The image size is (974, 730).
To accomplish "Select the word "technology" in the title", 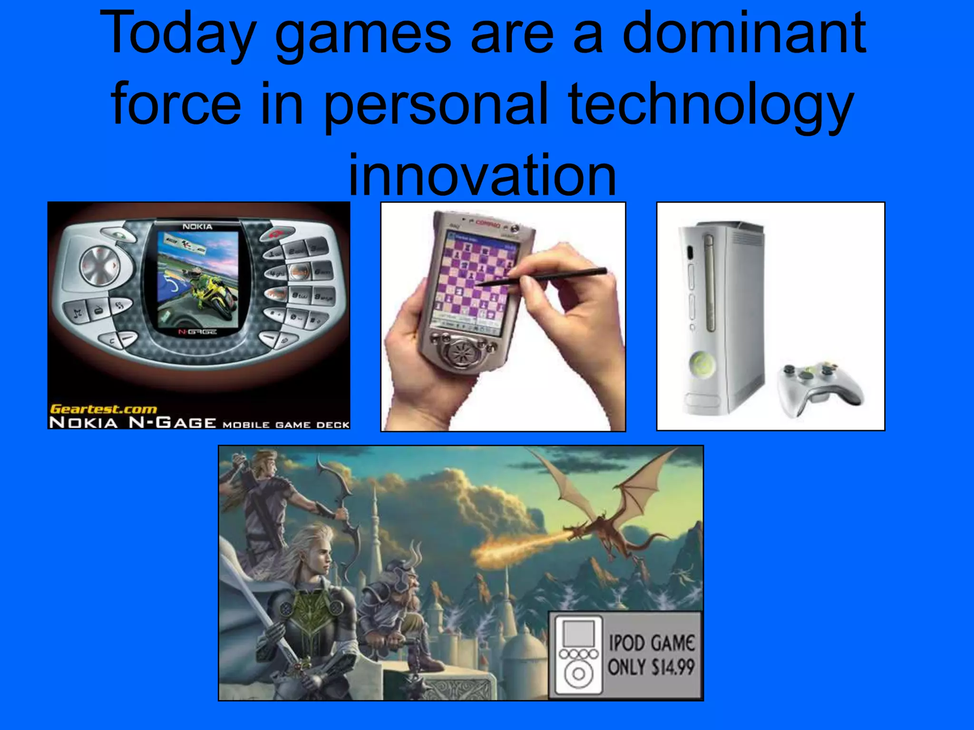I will tap(711, 105).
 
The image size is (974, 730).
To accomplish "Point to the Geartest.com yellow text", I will tap(103, 409).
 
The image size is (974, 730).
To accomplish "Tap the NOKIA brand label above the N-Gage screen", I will tap(197, 227).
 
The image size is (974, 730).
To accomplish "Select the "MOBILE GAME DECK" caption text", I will tap(286, 424).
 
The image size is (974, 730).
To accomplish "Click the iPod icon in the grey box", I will tap(578, 655).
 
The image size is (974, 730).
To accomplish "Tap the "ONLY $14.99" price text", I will tap(652, 667).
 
